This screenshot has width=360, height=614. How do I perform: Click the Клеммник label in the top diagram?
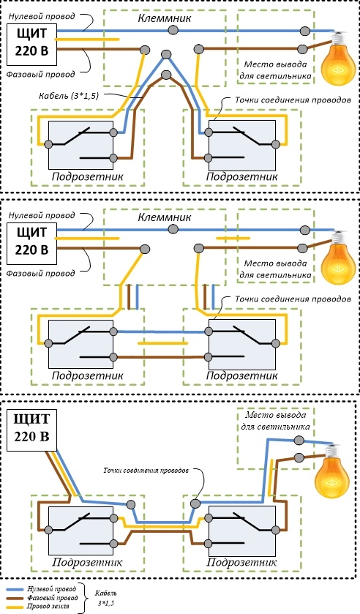pos(165,18)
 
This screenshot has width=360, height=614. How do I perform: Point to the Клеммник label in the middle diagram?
pos(165,217)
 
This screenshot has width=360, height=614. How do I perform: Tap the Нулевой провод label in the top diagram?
pos(42,16)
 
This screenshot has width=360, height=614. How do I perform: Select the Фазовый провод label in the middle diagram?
pos(40,273)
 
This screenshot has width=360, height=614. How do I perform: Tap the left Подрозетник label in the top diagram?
pos(87,176)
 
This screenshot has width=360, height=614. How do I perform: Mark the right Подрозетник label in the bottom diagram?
pos(241,563)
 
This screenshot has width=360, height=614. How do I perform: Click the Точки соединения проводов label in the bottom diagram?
pos(146,470)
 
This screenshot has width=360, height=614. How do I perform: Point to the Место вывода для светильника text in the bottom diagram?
pos(275,421)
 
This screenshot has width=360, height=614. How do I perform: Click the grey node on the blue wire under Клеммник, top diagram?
pos(173,30)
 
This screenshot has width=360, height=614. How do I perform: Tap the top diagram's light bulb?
pos(337,59)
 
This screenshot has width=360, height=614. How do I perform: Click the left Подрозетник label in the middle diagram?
pos(87,375)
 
